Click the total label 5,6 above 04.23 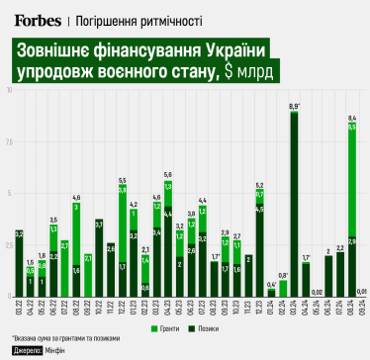coord(168,175)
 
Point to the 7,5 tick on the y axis coord(8,142)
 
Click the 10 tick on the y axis coord(8,91)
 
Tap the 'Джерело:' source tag coord(26,350)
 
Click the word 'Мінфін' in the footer coord(54,350)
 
